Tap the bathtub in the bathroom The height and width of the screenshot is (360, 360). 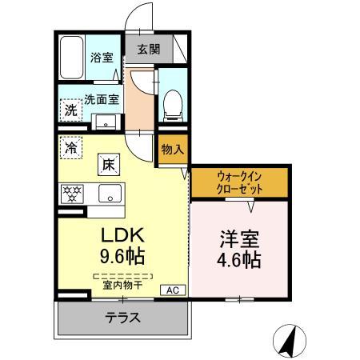[x=74, y=57]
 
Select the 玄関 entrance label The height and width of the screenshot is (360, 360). [x=149, y=49]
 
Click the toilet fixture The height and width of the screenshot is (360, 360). [x=172, y=105]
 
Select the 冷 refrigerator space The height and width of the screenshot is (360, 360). [x=71, y=148]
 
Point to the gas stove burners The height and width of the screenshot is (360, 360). [x=74, y=193]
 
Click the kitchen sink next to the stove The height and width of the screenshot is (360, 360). [x=109, y=194]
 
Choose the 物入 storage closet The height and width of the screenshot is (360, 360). [x=171, y=150]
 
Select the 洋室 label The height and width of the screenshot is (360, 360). [x=240, y=238]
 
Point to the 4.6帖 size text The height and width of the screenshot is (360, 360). [x=240, y=260]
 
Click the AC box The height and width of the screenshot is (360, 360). [x=171, y=290]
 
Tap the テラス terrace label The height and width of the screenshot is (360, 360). [x=122, y=318]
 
